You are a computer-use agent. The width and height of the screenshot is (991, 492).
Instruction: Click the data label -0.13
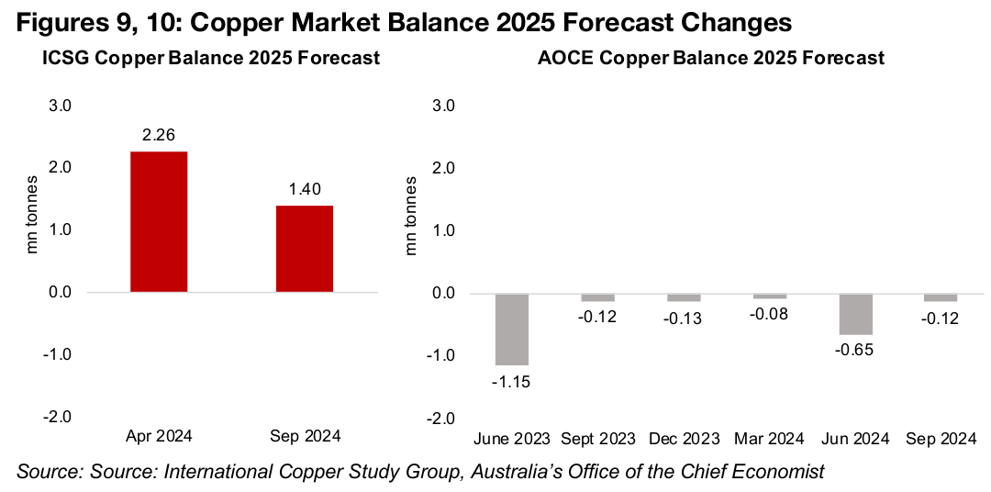[683, 318]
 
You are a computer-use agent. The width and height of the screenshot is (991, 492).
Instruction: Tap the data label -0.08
[771, 316]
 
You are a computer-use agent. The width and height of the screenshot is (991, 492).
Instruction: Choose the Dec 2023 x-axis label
[683, 439]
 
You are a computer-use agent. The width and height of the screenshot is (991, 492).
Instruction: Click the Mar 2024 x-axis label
[770, 439]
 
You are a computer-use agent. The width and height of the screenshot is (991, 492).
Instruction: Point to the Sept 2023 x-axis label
[599, 439]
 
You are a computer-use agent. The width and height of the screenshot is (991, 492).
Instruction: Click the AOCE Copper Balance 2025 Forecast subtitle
[711, 59]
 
